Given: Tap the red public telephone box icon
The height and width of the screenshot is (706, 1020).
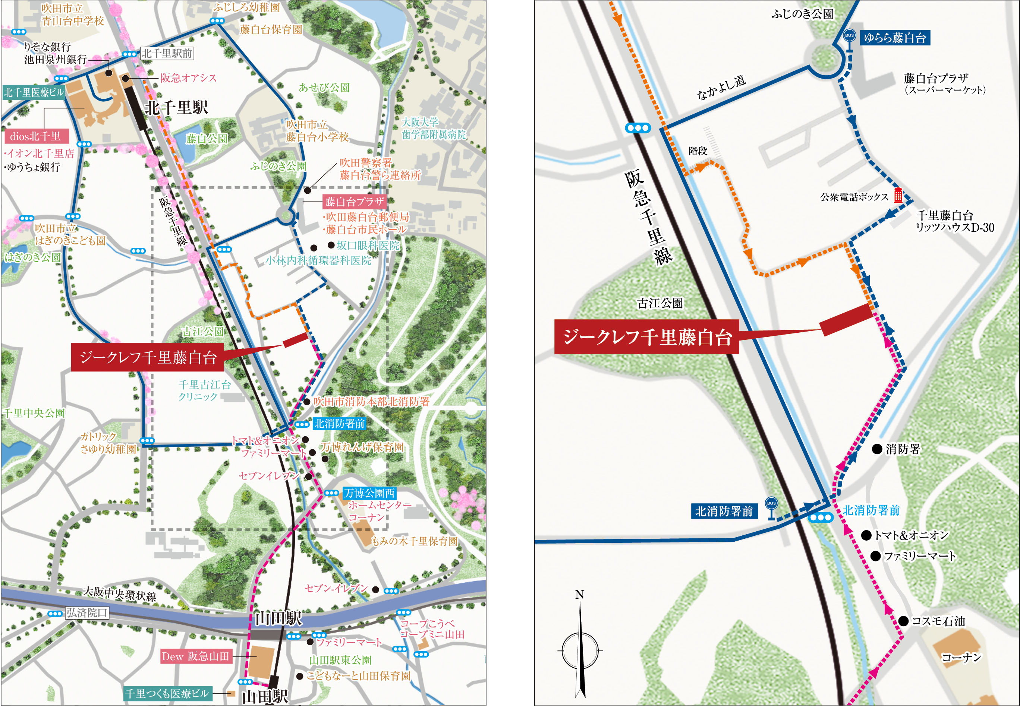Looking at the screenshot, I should [898, 195].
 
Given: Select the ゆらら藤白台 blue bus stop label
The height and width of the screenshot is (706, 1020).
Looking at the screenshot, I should [894, 38].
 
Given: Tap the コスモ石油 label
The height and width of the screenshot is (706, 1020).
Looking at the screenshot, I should [938, 621].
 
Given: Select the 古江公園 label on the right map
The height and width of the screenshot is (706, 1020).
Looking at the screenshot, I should [660, 303].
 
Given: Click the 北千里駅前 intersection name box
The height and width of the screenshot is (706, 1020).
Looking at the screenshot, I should [167, 54].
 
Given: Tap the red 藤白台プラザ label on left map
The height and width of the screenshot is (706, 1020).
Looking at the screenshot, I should [355, 202].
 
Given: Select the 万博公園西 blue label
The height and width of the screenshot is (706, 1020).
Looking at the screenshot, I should [369, 493].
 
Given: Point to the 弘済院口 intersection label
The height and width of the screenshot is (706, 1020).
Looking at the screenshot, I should [87, 612].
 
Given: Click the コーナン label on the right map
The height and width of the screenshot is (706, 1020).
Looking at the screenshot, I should [961, 657].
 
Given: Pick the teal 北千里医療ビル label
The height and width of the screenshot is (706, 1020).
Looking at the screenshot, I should [34, 92].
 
